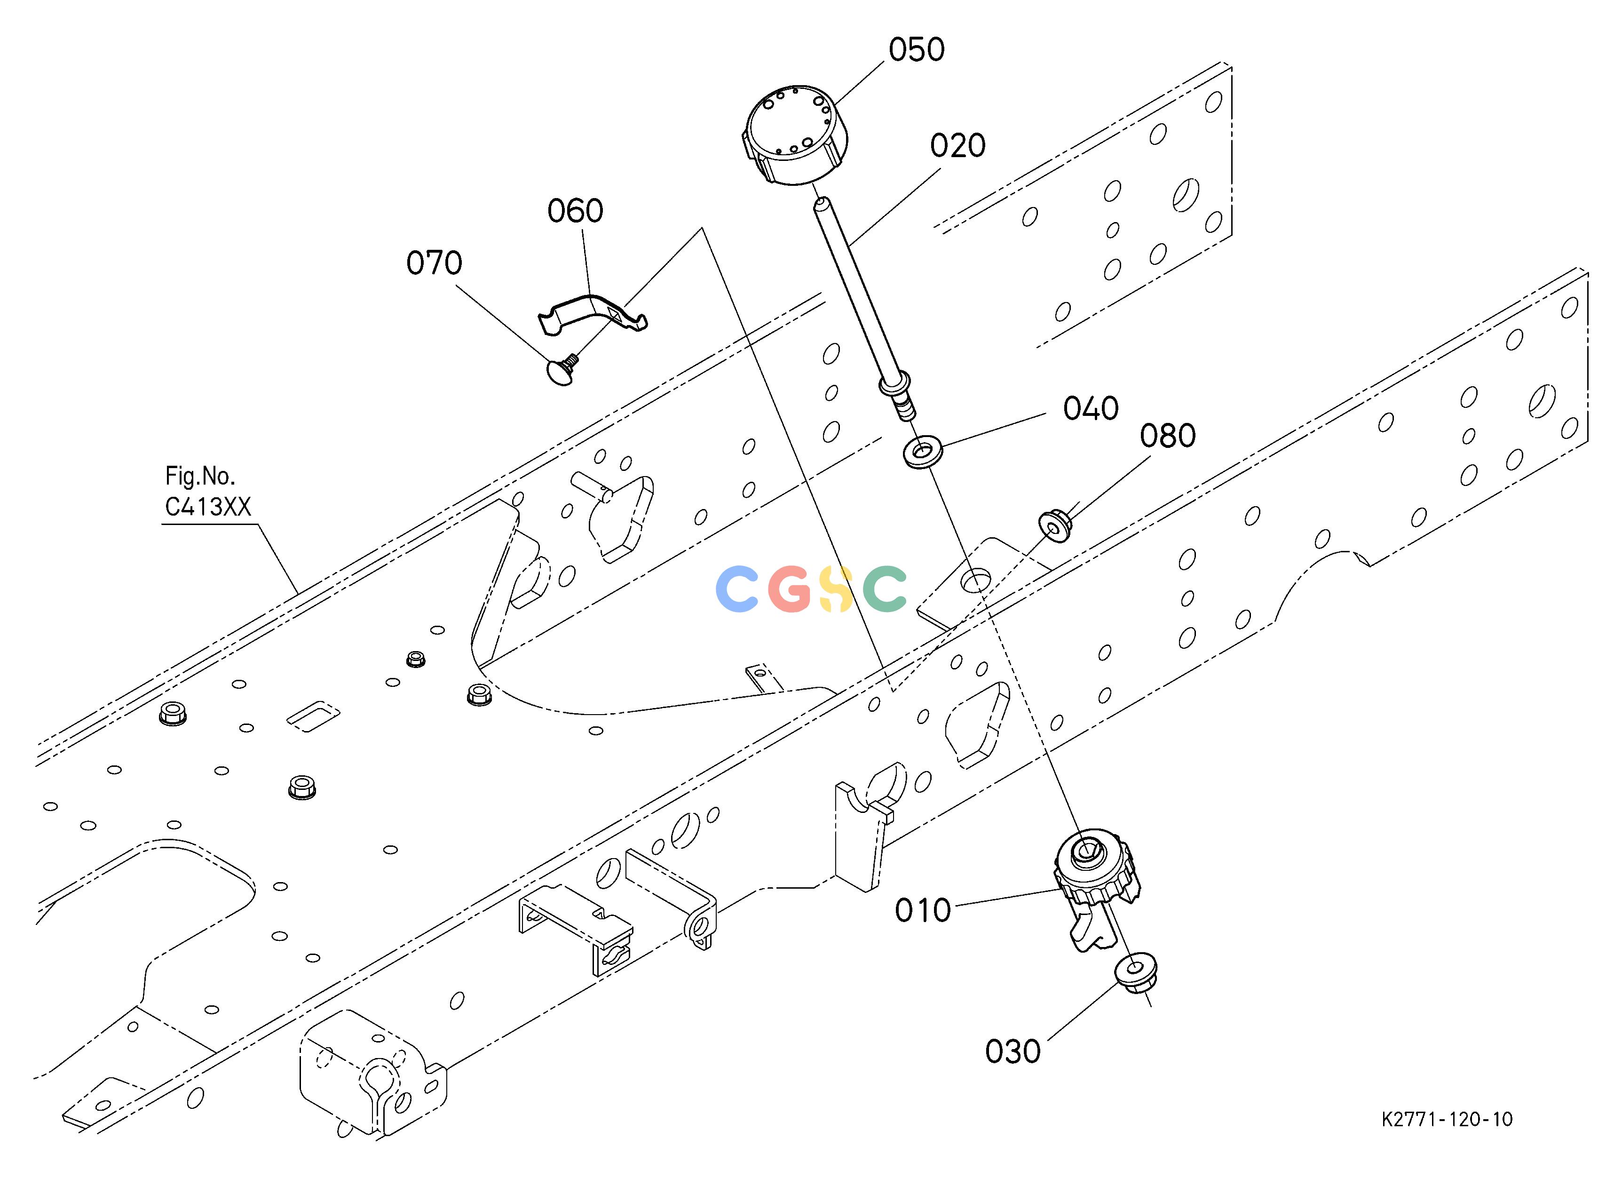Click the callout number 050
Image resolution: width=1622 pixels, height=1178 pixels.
pos(917,50)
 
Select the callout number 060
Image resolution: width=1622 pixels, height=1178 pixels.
pos(576,211)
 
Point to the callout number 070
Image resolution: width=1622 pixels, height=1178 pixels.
pos(434,263)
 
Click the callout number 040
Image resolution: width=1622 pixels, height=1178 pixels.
pos(1091,408)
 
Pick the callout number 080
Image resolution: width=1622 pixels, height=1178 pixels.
pos(1168,436)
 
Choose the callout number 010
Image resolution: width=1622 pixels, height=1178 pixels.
pos(923,910)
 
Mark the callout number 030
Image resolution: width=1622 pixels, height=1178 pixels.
pos(1013,1051)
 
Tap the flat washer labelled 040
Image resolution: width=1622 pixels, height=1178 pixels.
pos(923,454)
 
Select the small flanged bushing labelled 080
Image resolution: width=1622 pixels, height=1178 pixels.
pos(1054,525)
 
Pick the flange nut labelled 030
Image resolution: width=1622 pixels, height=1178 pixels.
pos(1136,972)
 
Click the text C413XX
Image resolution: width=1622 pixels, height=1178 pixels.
pos(208,507)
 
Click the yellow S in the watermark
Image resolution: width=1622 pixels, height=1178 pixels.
pos(835,589)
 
